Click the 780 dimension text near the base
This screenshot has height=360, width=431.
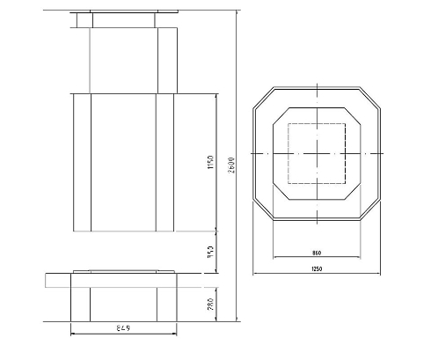pyautogui.click(x=210, y=304)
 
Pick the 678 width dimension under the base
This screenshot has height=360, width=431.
pyautogui.click(x=125, y=327)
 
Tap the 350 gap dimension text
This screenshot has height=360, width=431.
pyautogui.click(x=210, y=253)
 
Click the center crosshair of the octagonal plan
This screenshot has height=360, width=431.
pyautogui.click(x=317, y=153)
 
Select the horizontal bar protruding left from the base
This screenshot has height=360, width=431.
pyautogui.click(x=57, y=280)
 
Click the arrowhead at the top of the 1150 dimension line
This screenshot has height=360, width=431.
pyautogui.click(x=215, y=91)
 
